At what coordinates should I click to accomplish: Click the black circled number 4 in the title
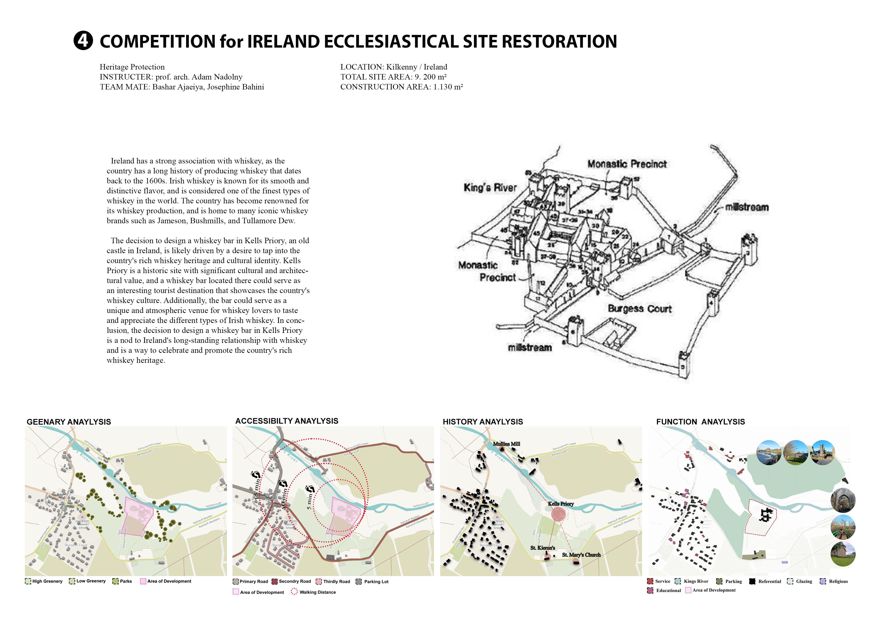[83, 41]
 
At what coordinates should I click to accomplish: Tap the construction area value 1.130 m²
[448, 87]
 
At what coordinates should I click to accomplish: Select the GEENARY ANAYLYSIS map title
[69, 422]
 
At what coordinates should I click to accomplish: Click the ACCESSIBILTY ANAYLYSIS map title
[287, 421]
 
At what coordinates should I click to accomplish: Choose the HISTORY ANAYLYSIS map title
[482, 422]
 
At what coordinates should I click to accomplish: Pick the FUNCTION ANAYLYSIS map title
[700, 422]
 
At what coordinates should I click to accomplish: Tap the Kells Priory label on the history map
[561, 504]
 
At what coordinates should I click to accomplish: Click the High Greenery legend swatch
[28, 581]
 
